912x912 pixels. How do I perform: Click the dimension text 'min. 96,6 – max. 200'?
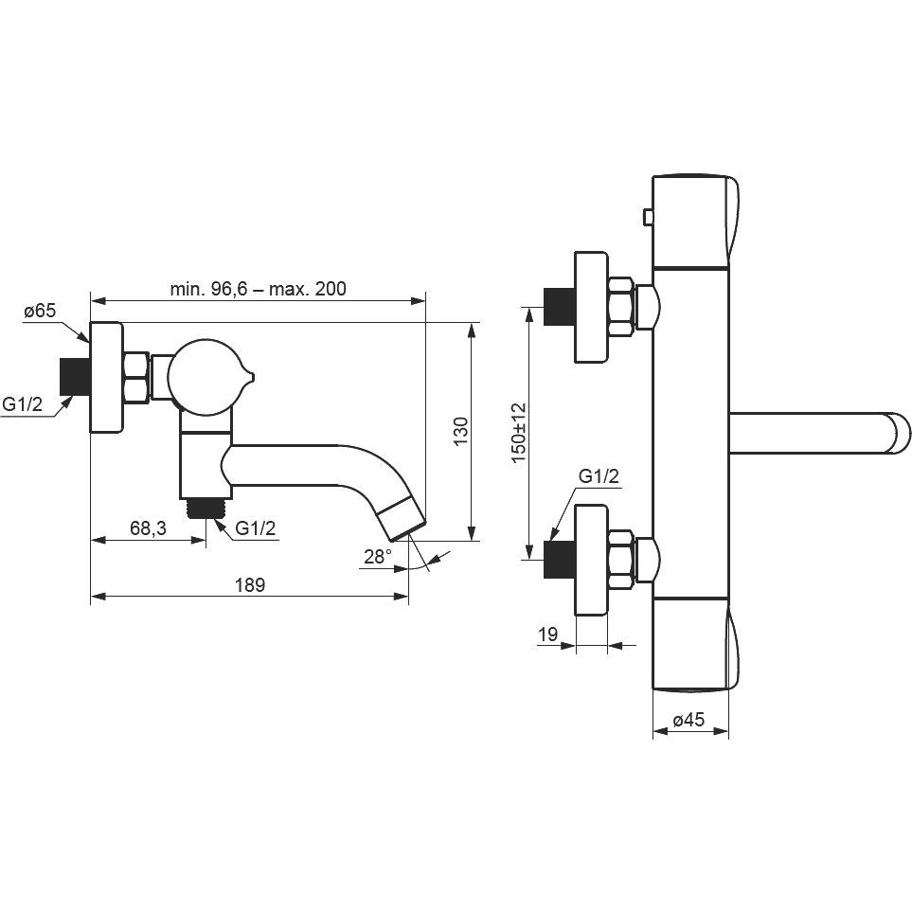[258, 289]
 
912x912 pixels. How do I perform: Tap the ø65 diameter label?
[40, 311]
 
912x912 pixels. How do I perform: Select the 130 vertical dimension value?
[460, 431]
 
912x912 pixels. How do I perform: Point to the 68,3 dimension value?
[148, 528]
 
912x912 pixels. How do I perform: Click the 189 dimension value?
[249, 584]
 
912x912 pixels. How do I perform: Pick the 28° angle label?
[378, 557]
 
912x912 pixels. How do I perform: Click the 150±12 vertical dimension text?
[518, 433]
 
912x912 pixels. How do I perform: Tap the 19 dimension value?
[548, 634]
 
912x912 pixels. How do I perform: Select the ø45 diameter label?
[688, 720]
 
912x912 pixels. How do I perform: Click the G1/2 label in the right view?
[599, 476]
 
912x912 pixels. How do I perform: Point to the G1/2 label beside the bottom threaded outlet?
[256, 528]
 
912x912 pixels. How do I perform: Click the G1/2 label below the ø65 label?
[23, 403]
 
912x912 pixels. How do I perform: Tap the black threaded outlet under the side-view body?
[206, 509]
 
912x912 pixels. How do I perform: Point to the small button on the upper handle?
[648, 218]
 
